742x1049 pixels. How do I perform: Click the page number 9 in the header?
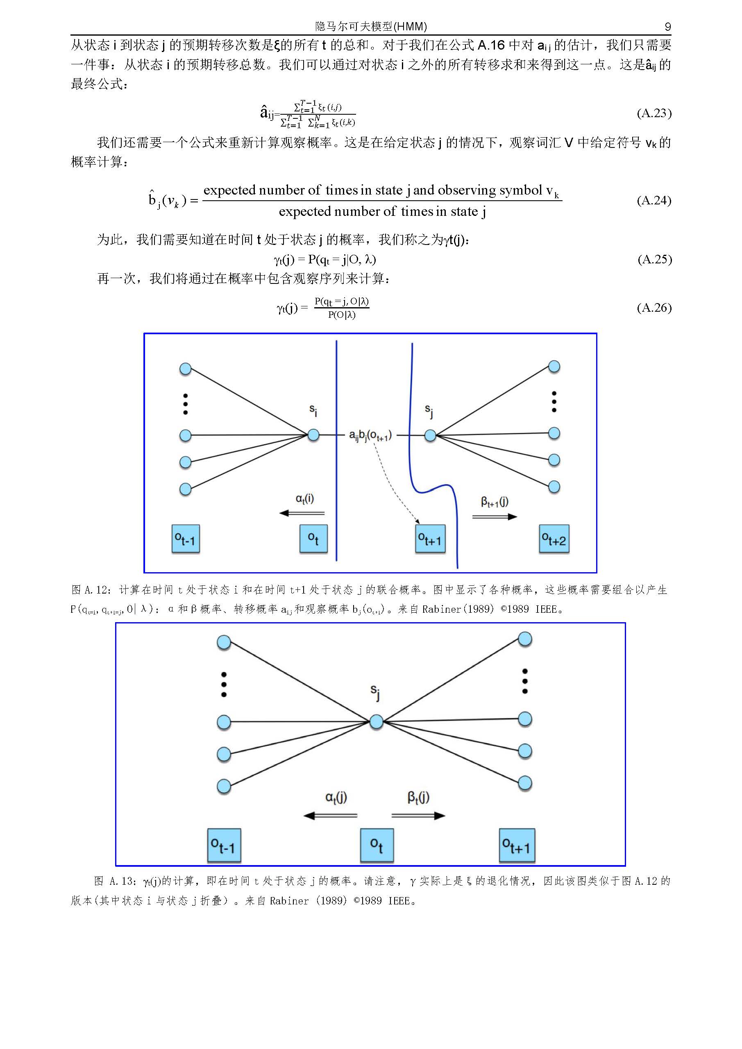click(x=667, y=27)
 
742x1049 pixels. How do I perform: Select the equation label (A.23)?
click(x=654, y=113)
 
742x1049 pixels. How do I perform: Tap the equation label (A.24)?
click(x=654, y=200)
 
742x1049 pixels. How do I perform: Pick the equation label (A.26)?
click(x=654, y=308)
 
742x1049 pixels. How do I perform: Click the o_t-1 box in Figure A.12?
click(x=186, y=539)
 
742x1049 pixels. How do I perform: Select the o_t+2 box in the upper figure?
click(x=554, y=539)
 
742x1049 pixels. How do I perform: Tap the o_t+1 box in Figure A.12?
click(x=430, y=539)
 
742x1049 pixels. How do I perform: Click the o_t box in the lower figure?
click(x=377, y=845)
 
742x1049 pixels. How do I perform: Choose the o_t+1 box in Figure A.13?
click(x=516, y=845)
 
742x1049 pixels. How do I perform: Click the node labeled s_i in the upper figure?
click(x=313, y=435)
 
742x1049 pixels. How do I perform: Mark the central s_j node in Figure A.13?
click(x=376, y=721)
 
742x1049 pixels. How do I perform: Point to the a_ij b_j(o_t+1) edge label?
click(x=370, y=435)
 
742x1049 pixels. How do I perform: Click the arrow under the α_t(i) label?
click(x=302, y=513)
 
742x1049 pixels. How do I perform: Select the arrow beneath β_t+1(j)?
click(x=495, y=517)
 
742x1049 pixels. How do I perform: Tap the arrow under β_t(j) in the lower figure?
click(x=418, y=816)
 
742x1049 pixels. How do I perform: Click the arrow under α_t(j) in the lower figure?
click(x=330, y=816)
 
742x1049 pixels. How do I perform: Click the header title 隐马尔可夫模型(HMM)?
click(x=371, y=27)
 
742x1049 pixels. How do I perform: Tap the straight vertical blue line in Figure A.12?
click(x=337, y=450)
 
